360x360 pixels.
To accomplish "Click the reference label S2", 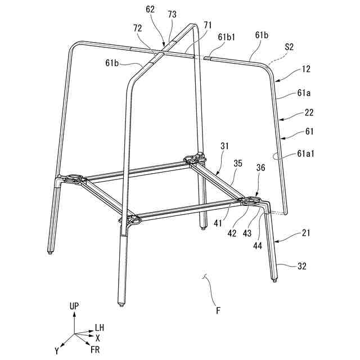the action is (289, 48).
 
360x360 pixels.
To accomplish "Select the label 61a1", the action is (306, 152).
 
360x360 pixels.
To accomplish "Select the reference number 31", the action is (224, 146).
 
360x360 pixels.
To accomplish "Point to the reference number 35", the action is (238, 164).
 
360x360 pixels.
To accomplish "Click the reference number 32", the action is (302, 267).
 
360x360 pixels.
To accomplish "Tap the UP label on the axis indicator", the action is (74, 306).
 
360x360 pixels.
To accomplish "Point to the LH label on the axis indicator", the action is (99, 327).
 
